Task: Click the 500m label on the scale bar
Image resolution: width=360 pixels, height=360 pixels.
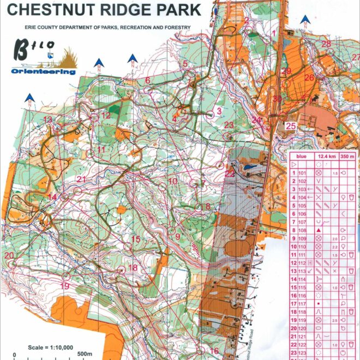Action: click(x=85, y=355)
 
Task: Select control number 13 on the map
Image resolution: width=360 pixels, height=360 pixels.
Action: click(x=48, y=119)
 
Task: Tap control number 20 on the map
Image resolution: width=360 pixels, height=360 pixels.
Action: click(x=8, y=255)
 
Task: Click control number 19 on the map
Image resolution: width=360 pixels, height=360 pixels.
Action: click(x=64, y=286)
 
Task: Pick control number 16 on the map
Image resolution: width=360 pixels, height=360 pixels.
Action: click(x=214, y=351)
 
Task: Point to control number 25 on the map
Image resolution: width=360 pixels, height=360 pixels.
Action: click(x=291, y=126)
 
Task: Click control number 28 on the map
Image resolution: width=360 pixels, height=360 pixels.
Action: click(x=326, y=44)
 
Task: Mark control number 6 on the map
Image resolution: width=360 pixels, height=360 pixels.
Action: click(x=147, y=80)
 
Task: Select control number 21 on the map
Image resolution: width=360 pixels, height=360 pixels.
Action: click(x=82, y=179)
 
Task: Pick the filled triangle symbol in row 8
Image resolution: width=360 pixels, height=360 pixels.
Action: click(x=318, y=230)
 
